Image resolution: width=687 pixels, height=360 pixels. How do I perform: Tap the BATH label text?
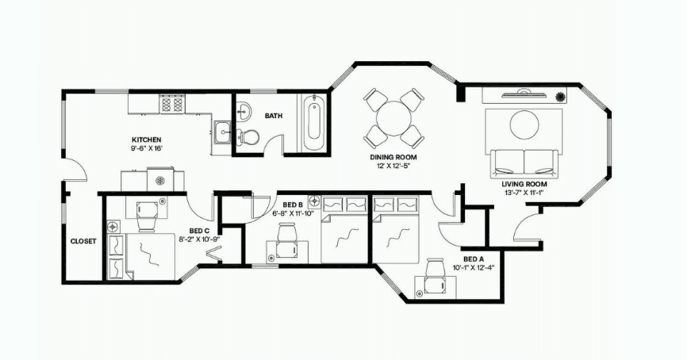(x=274, y=116)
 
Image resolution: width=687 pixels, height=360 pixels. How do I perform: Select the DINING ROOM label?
(x=393, y=157)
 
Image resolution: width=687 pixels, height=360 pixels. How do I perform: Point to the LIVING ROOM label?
(x=524, y=184)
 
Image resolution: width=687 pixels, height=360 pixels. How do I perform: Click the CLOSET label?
(x=83, y=241)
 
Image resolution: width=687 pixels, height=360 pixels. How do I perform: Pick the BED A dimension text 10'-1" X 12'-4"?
(x=473, y=268)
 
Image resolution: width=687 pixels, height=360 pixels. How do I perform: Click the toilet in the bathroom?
(x=247, y=136)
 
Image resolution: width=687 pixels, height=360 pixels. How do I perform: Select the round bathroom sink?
(x=244, y=109)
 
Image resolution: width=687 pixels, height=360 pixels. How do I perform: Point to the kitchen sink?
(x=225, y=132)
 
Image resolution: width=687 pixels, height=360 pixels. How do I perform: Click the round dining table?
(x=394, y=118)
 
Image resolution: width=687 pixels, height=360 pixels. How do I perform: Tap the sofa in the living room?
(x=524, y=163)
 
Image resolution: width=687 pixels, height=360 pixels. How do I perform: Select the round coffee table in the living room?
(x=524, y=124)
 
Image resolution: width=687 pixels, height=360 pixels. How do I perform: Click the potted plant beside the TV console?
(x=560, y=97)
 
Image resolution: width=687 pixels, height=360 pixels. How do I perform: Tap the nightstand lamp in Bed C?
(x=113, y=227)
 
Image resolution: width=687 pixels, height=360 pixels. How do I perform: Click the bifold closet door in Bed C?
(x=215, y=255)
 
